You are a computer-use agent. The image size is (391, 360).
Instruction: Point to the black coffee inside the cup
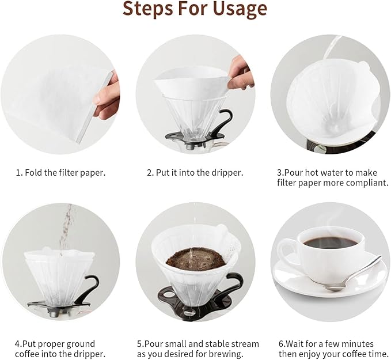pyautogui.click(x=330, y=242)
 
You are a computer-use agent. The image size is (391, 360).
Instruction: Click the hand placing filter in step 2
pyautogui.click(x=240, y=73)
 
